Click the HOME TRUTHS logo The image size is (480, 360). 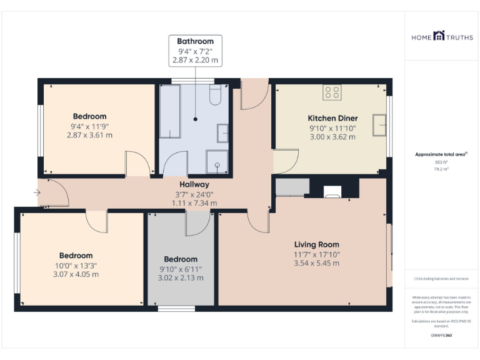pos(442,37)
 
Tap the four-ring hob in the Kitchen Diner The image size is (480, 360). pos(332,92)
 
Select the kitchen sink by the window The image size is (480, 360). pos(379,124)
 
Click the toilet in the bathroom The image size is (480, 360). pos(216,96)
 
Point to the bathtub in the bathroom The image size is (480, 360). pos(170,111)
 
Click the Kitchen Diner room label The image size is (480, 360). pos(332,118)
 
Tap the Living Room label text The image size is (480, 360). pos(317,244)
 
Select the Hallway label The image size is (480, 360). pos(194,184)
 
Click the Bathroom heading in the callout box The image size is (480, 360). pos(195,41)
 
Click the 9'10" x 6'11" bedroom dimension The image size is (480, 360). pos(181,269)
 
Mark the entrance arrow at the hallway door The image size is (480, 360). pos(37,192)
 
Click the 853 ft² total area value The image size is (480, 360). pos(442,162)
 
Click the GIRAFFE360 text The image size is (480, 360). pos(442,336)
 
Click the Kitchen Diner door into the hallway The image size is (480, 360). pos(285,162)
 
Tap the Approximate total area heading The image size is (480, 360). pos(441,154)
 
